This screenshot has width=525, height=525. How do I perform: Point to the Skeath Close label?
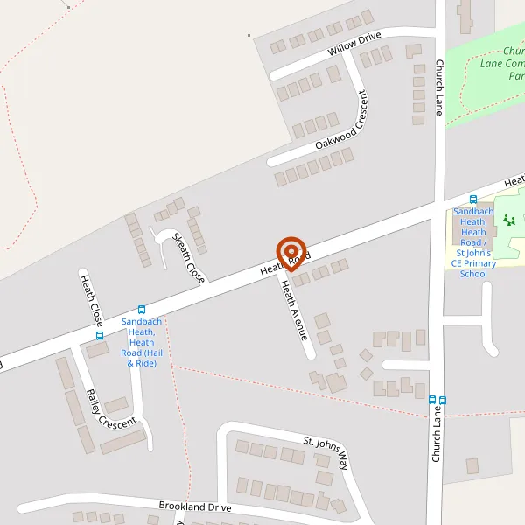pyautogui.click(x=189, y=257)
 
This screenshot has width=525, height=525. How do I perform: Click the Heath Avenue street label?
pyautogui.click(x=294, y=310)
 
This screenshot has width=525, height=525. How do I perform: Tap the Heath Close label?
pyautogui.click(x=92, y=300)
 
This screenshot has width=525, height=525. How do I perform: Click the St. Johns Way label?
pyautogui.click(x=325, y=452)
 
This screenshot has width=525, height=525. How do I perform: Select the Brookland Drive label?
pyautogui.click(x=194, y=507)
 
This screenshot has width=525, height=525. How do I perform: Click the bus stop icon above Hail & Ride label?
pyautogui.click(x=142, y=309)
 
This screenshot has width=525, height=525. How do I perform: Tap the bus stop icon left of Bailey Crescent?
pyautogui.click(x=100, y=335)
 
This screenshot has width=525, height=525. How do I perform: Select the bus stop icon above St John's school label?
pyautogui.click(x=473, y=199)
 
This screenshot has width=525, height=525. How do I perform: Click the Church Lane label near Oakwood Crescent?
pyautogui.click(x=440, y=87)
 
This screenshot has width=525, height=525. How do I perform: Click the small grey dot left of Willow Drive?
pyautogui.click(x=249, y=36)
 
